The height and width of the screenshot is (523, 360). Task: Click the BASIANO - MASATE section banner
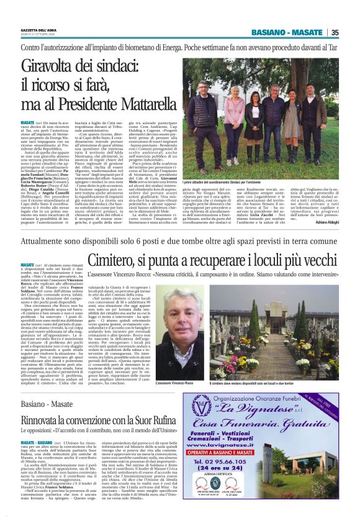point(295,33)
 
